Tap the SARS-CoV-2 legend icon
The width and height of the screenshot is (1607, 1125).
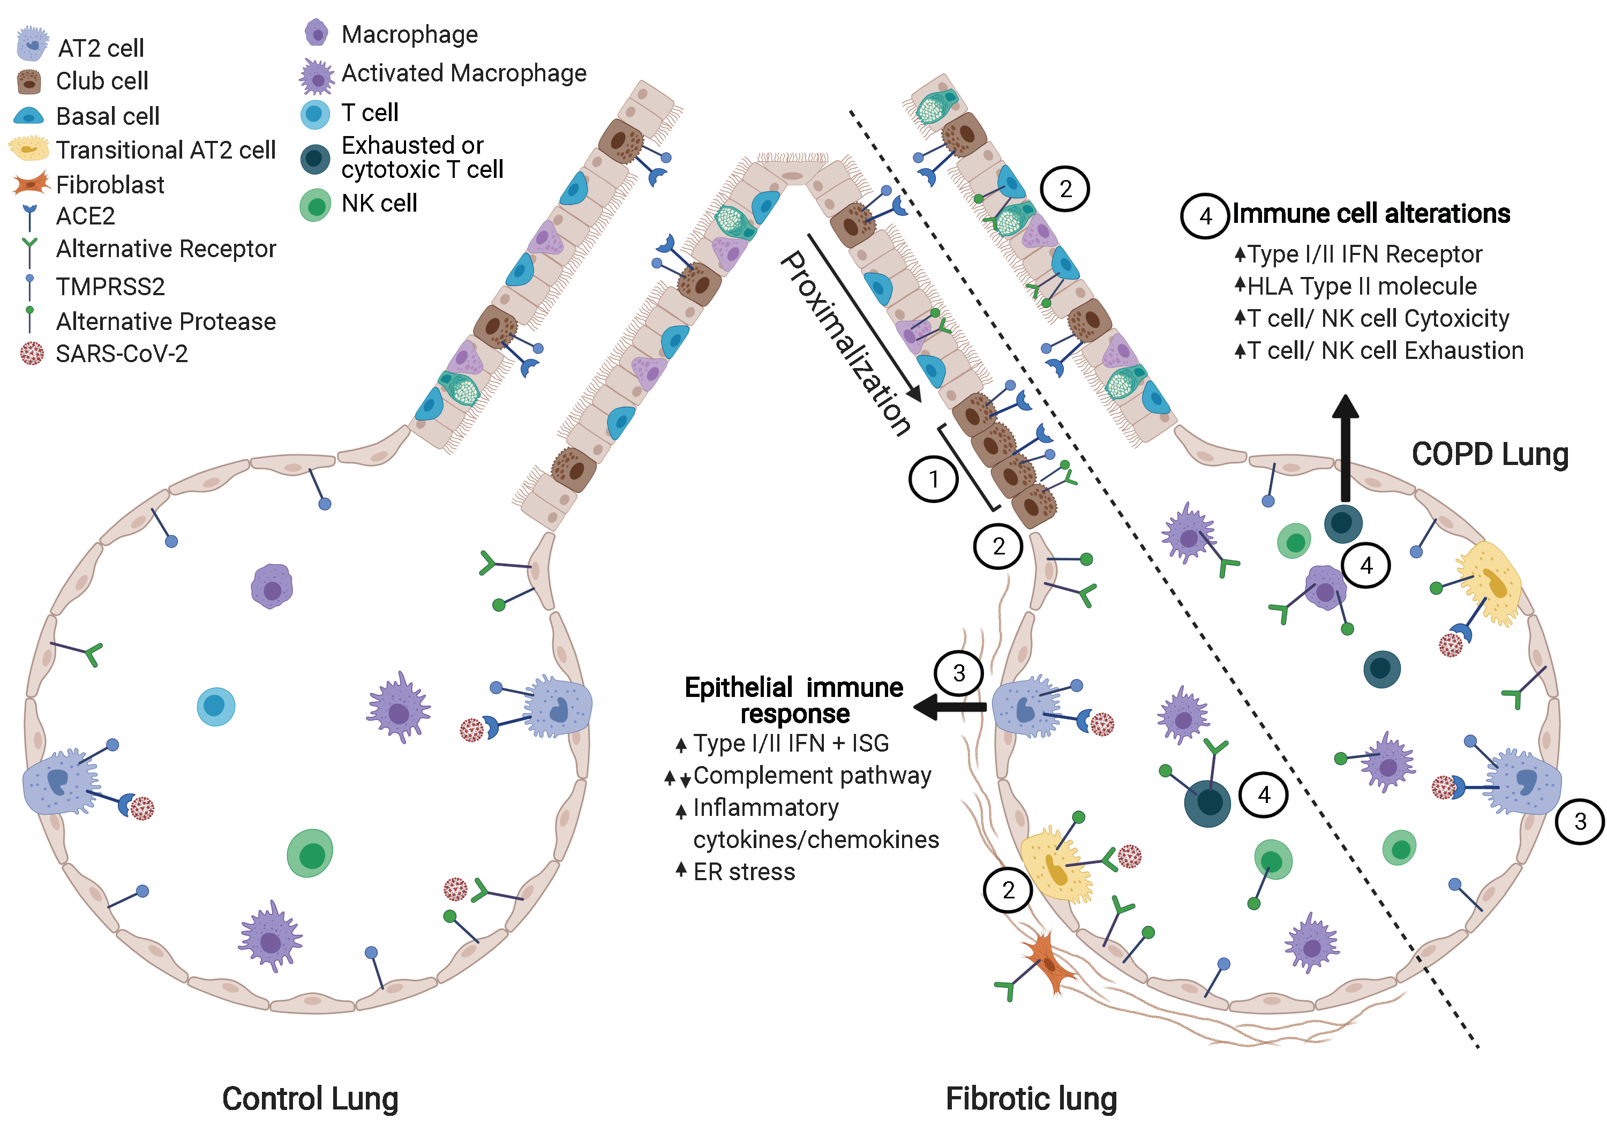(x=32, y=354)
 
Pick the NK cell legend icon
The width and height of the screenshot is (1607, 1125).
(x=315, y=205)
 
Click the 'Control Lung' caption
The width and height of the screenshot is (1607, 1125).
(x=310, y=1098)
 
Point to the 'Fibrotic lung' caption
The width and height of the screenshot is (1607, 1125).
(x=1031, y=1098)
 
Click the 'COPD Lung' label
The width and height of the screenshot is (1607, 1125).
(x=1489, y=454)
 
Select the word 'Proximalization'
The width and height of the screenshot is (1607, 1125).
(x=845, y=343)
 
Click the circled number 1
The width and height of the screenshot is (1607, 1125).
(x=933, y=479)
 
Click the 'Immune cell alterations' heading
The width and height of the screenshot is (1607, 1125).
(x=1370, y=214)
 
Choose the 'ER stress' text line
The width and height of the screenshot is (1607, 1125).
(x=744, y=872)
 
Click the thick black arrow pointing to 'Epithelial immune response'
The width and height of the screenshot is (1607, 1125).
(x=950, y=707)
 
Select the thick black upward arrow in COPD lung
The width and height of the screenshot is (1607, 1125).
(x=1345, y=448)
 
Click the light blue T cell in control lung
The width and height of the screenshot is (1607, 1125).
(x=215, y=707)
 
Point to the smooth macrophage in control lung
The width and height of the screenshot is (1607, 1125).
(x=272, y=587)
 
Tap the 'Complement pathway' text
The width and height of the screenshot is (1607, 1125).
(x=812, y=776)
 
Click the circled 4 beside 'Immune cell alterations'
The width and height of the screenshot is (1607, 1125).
(x=1205, y=216)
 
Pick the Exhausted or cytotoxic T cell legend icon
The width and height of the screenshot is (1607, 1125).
(x=315, y=159)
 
